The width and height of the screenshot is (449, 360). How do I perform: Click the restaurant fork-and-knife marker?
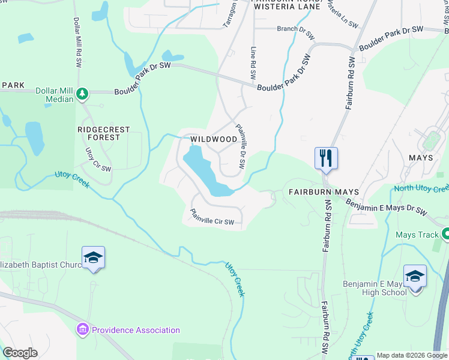click(326, 158)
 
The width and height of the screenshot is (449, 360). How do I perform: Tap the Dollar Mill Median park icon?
click(82, 93)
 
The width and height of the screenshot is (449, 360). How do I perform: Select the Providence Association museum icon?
click(82, 329)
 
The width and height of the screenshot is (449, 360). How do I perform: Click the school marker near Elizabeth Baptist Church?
click(93, 258)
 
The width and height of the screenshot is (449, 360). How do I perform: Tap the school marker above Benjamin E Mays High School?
click(415, 276)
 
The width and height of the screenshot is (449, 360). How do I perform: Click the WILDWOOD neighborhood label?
click(214, 139)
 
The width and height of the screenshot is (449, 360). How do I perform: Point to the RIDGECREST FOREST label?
click(98, 133)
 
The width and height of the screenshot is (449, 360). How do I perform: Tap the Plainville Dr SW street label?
click(241, 146)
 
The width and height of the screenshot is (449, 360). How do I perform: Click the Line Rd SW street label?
click(253, 64)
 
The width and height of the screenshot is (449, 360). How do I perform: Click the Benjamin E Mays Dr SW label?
click(387, 206)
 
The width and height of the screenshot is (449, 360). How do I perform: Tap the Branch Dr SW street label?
click(295, 32)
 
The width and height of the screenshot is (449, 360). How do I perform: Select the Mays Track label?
click(417, 235)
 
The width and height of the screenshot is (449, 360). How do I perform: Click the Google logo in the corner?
click(20, 353)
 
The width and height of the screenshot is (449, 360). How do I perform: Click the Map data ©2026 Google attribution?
click(412, 355)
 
